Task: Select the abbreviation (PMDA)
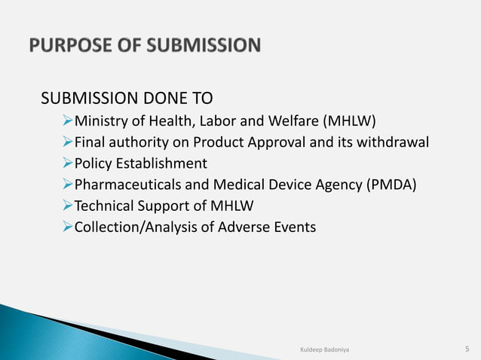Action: click(x=390, y=184)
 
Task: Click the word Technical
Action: click(x=103, y=205)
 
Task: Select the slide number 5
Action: click(x=467, y=348)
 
